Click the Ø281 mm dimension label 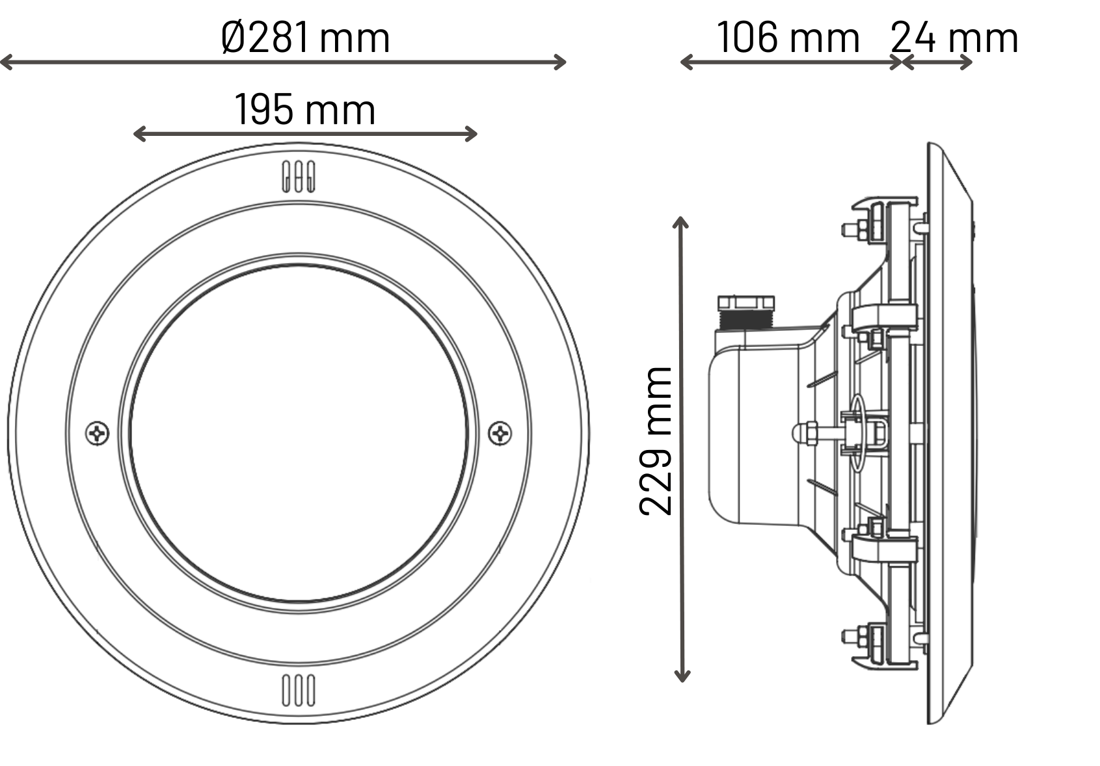[306, 37]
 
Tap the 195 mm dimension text [305, 109]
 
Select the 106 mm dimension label [788, 37]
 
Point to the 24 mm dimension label [954, 37]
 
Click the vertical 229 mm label [656, 441]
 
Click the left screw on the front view [97, 434]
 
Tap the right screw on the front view [500, 434]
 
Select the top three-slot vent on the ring [299, 177]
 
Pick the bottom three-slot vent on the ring [299, 691]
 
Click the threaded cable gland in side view [746, 312]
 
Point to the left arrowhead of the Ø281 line [6, 62]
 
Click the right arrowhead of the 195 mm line [471, 133]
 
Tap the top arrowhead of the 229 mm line [680, 222]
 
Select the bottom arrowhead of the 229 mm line [682, 676]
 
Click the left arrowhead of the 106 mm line [686, 62]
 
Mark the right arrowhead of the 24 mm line [967, 62]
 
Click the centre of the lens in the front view [299, 434]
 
